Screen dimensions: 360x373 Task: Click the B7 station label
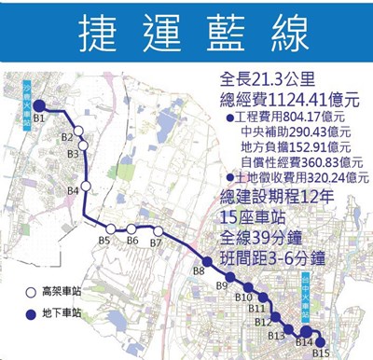click(x=156, y=243)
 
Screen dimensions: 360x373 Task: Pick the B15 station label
click(x=322, y=353)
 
